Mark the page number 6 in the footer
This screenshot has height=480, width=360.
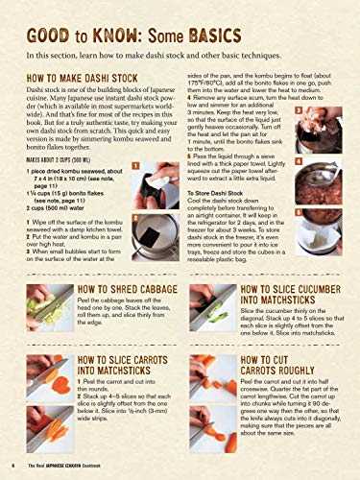10,465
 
